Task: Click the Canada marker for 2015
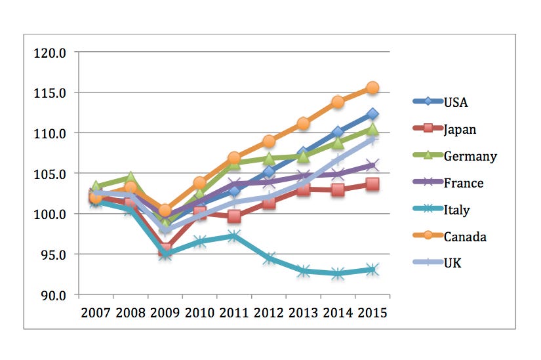(372, 88)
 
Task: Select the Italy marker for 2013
(304, 271)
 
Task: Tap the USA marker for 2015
(372, 114)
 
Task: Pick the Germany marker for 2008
(130, 178)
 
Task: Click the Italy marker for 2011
(234, 236)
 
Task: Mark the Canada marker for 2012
(269, 141)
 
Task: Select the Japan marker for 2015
(372, 184)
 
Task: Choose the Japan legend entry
(460, 129)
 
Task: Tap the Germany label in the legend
(470, 156)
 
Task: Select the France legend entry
(463, 183)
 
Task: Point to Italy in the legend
(456, 210)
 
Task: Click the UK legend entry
(452, 264)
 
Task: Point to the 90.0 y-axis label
(52, 295)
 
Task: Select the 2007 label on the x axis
(96, 311)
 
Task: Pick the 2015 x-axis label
(372, 311)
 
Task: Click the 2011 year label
(234, 311)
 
